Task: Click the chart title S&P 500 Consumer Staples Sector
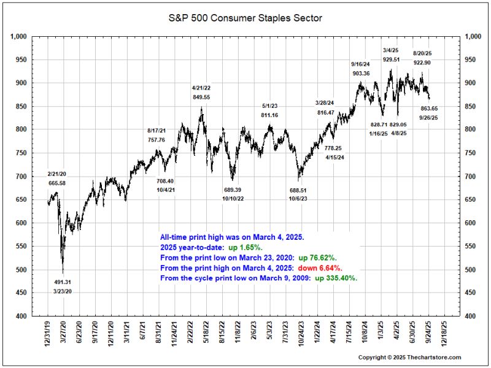click(245, 18)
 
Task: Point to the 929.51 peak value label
click(391, 59)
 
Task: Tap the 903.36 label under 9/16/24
click(361, 73)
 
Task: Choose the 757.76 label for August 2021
click(157, 140)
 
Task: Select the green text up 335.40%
click(336, 278)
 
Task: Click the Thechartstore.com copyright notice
click(409, 357)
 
